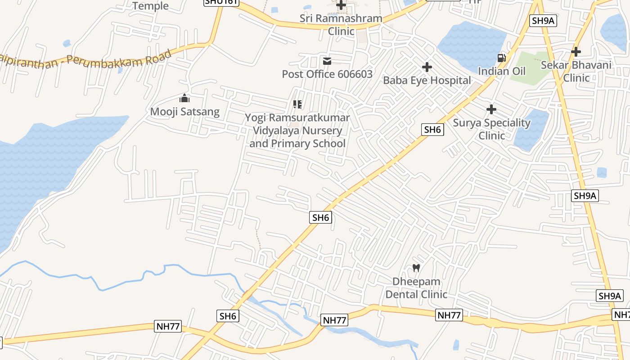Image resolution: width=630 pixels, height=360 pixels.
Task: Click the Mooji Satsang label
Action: [184, 112]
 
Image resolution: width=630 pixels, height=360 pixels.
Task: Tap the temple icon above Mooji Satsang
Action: [184, 98]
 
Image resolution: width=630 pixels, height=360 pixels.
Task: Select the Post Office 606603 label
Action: [327, 74]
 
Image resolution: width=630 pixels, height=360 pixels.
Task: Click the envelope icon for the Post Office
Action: [327, 61]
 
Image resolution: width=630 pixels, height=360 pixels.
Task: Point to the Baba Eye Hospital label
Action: [427, 81]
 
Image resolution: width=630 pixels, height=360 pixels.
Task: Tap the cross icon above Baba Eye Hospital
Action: [427, 67]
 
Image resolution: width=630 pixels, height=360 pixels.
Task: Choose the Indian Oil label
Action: [501, 71]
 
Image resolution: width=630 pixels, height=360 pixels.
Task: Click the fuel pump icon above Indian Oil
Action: [501, 58]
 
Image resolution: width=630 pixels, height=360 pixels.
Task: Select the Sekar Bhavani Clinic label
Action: [576, 71]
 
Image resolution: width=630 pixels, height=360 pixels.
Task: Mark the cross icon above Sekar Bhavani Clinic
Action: [576, 52]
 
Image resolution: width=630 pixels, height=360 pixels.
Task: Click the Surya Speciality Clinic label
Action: [491, 129]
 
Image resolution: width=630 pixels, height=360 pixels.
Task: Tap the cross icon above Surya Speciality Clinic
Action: [491, 109]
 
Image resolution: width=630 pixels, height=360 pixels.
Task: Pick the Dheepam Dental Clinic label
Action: [416, 288]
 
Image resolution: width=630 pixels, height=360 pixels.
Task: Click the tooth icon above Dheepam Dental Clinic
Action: [416, 268]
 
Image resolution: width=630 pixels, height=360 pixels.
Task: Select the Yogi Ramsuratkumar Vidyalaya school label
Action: [297, 130]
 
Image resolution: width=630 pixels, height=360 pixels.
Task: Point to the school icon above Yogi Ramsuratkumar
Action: [297, 105]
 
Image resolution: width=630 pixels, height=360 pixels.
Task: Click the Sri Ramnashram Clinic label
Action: [341, 25]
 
